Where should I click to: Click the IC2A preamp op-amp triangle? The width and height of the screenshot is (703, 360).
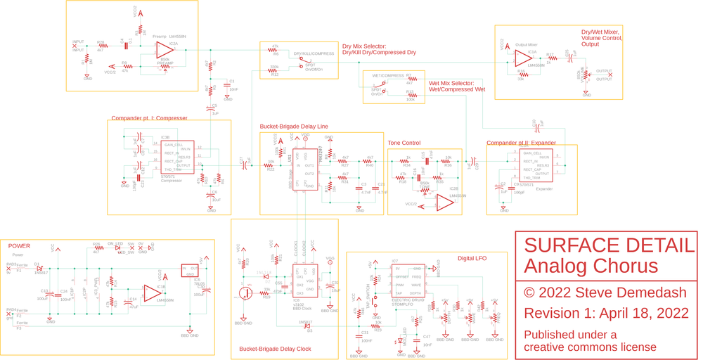point(165,50)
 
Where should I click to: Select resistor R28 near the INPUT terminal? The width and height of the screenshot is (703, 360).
point(101,46)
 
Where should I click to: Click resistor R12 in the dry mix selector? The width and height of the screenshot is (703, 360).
point(274,70)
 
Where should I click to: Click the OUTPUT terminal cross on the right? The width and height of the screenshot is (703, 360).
point(610,75)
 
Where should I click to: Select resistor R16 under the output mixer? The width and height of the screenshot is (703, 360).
point(521,73)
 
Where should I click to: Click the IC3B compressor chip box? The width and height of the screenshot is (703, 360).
point(176,157)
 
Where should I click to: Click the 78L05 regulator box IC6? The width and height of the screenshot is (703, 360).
point(190,270)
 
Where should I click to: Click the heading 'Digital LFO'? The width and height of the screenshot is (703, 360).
point(472,259)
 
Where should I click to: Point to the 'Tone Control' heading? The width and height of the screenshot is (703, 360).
point(404,143)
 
